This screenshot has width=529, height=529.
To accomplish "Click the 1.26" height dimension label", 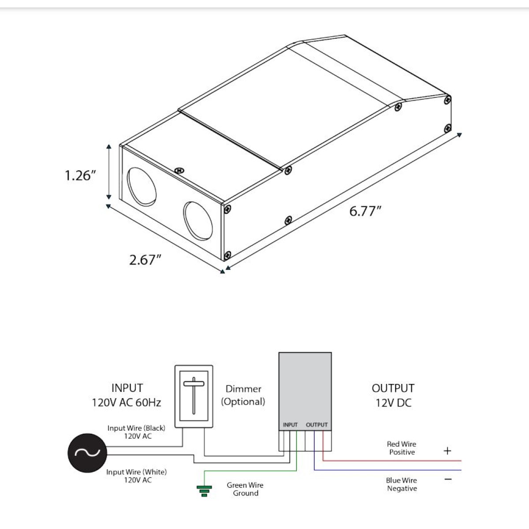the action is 80,175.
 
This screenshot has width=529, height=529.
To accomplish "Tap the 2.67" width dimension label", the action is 145,260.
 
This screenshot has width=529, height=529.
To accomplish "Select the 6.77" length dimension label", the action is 365,211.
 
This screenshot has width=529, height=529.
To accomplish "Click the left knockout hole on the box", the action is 142,186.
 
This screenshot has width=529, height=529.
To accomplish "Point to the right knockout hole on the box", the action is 198,221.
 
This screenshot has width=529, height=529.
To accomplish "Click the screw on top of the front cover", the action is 179,171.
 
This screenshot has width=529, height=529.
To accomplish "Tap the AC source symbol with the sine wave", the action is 87,453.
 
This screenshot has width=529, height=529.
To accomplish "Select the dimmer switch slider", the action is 194,395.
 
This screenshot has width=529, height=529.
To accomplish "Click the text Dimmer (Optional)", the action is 243,395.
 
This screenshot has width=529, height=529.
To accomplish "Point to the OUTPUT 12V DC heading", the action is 393,395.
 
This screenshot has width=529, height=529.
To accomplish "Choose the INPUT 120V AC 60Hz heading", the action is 127,395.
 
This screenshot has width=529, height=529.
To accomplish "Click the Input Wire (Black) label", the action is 136,432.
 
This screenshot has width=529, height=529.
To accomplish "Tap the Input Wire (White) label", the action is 137,476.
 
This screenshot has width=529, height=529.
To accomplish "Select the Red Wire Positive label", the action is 402,448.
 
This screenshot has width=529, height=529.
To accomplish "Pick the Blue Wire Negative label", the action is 402,484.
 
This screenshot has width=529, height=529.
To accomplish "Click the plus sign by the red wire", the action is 447,451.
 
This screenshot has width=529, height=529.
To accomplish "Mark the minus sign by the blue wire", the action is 448,479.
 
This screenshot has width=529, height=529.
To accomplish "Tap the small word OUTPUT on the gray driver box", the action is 317,425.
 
